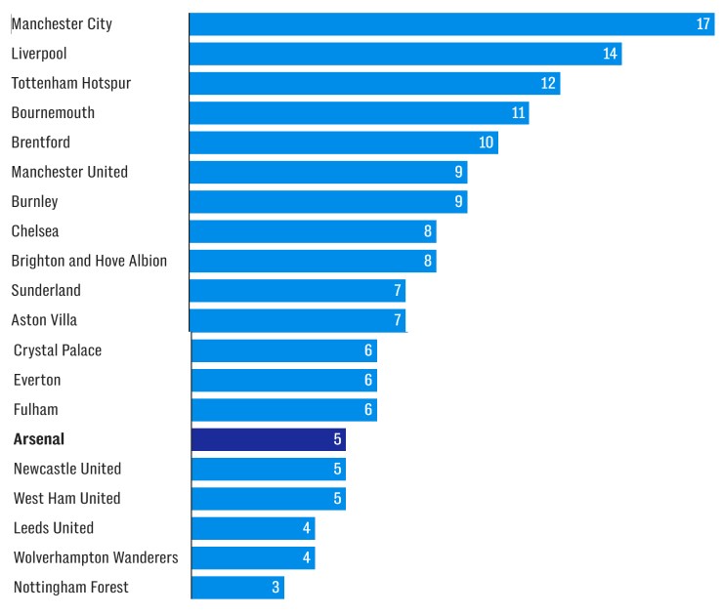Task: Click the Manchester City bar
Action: click(449, 23)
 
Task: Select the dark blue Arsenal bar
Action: click(269, 439)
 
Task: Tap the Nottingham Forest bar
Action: click(237, 588)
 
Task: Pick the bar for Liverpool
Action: click(404, 54)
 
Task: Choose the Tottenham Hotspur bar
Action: click(374, 83)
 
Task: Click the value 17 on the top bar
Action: click(703, 23)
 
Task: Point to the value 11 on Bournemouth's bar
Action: click(519, 113)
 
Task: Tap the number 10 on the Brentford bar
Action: click(487, 143)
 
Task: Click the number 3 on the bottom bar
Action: click(276, 588)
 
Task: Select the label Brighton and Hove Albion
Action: click(89, 261)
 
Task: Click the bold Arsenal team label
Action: click(39, 439)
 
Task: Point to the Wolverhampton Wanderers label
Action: click(96, 557)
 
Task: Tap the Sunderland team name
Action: click(46, 290)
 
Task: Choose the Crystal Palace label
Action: click(58, 350)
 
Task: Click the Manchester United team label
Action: click(69, 172)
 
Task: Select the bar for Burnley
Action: click(327, 202)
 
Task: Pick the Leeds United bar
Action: click(253, 528)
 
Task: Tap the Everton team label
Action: click(37, 380)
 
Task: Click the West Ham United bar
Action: click(269, 499)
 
